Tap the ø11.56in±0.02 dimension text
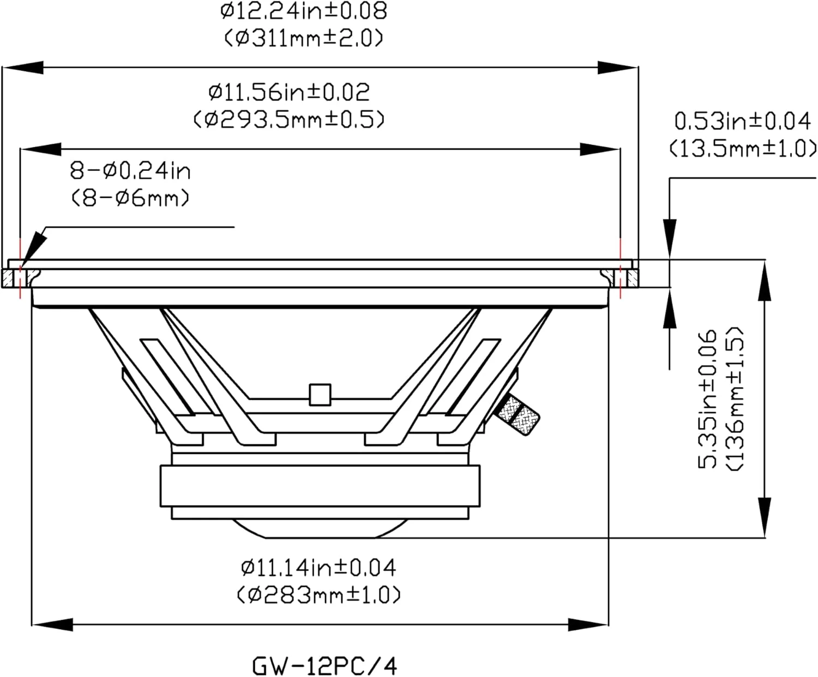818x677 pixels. click(289, 92)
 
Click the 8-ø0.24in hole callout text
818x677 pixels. click(130, 171)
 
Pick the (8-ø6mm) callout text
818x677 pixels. click(130, 198)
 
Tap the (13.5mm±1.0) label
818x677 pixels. click(743, 149)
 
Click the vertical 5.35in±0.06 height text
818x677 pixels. click(707, 399)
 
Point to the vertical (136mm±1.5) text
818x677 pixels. click(734, 399)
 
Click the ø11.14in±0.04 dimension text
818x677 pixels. click(318, 568)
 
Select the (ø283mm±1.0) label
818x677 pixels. click(318, 595)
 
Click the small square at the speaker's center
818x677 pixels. click(320, 395)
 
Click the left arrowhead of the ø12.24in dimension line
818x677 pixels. click(22, 68)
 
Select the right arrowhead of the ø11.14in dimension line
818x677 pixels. click(588, 625)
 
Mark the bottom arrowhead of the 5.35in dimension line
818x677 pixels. click(765, 518)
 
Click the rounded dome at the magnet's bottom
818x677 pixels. click(320, 528)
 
